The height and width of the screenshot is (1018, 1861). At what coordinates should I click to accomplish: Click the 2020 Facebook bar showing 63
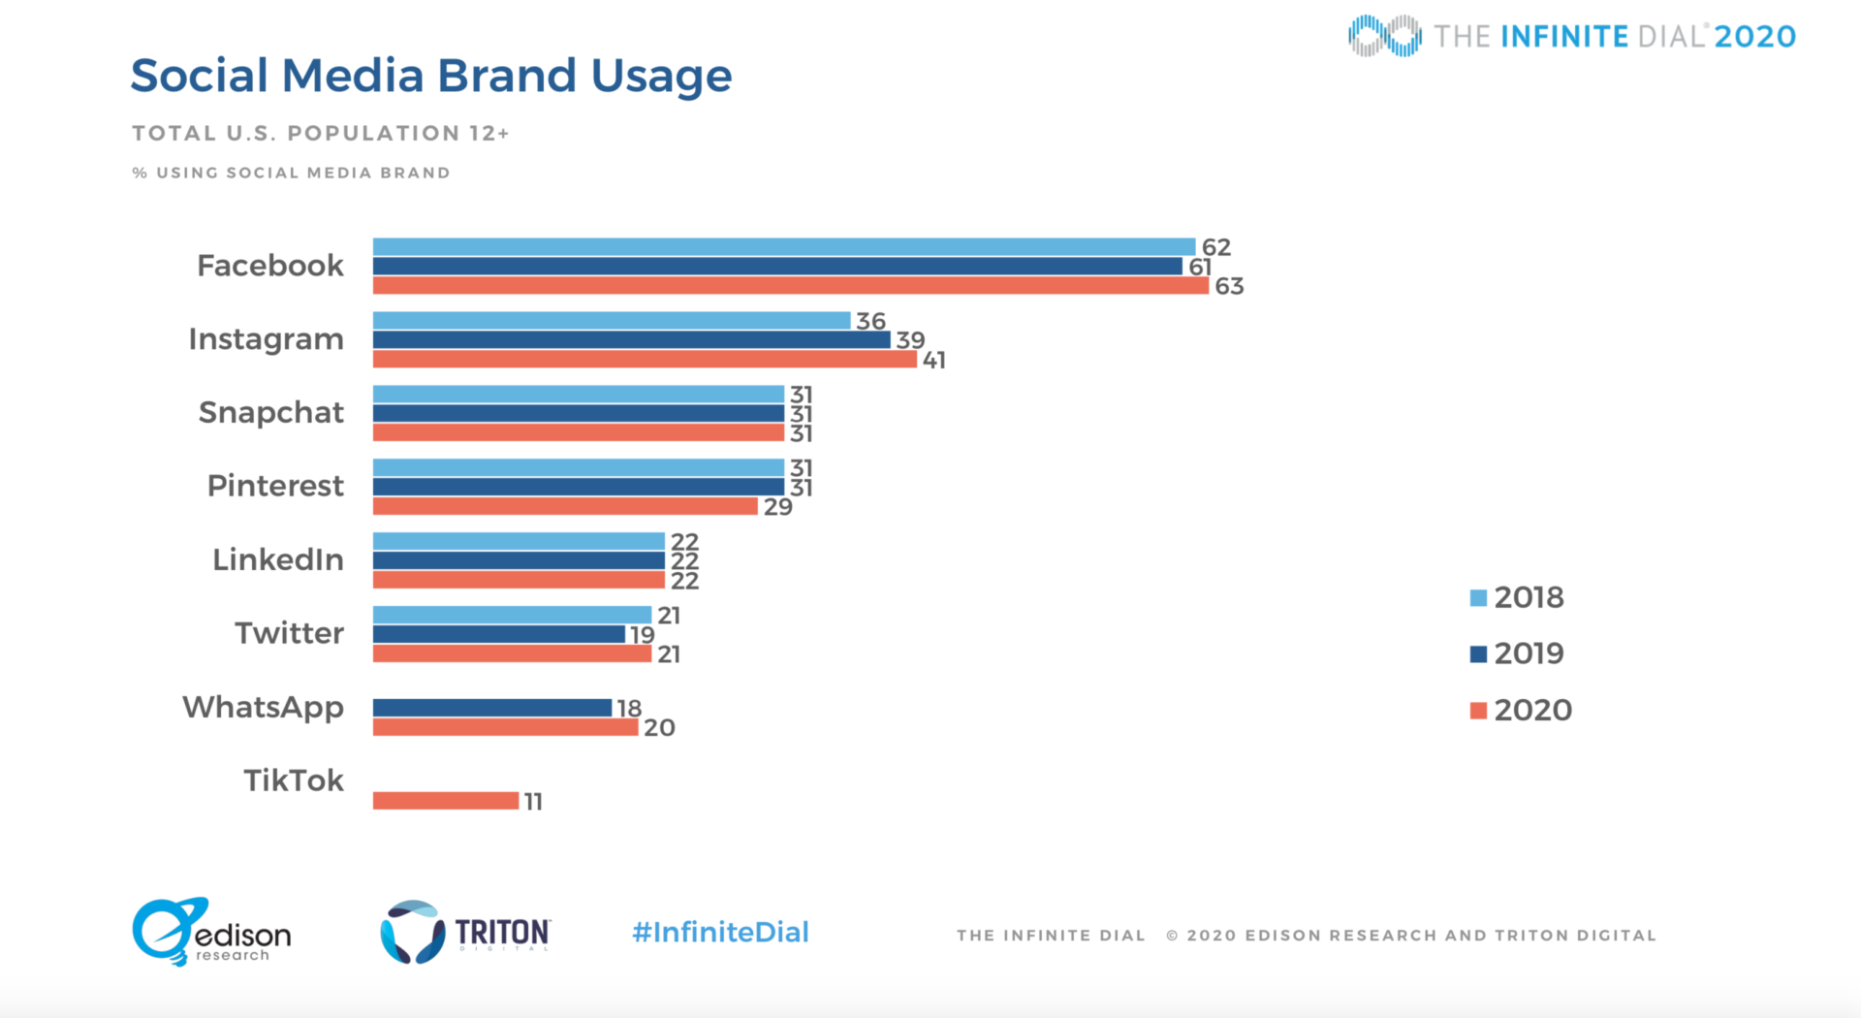(x=790, y=286)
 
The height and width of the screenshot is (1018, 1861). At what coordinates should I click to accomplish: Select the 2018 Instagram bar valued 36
(x=611, y=321)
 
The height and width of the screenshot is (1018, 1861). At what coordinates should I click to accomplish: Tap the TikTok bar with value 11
(x=446, y=801)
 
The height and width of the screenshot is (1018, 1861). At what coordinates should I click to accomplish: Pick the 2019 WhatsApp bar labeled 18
(x=491, y=708)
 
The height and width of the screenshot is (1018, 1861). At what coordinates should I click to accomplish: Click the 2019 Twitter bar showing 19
(x=498, y=634)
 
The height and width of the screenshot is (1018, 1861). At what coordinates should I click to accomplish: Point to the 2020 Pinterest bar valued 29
(x=565, y=506)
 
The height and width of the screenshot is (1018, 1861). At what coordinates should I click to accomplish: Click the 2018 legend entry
(x=1517, y=597)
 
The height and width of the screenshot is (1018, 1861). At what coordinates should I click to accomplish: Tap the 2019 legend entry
(x=1517, y=653)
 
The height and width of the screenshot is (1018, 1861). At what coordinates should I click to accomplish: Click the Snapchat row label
(x=270, y=413)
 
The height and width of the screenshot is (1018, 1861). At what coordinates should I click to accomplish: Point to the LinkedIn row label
(x=277, y=559)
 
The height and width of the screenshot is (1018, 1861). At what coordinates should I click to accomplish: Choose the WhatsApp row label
(x=263, y=708)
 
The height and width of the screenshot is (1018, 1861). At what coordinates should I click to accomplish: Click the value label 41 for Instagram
(x=933, y=361)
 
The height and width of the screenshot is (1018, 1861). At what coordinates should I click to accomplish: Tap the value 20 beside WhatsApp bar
(x=659, y=728)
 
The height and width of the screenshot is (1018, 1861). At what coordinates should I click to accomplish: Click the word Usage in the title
(x=661, y=77)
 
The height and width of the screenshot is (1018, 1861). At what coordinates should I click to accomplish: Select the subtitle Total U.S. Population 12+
(x=320, y=133)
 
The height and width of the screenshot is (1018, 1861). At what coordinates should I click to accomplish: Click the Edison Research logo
(x=211, y=932)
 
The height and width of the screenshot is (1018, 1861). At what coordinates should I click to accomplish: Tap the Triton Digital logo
(x=465, y=932)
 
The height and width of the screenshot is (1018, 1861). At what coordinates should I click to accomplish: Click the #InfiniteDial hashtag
(x=720, y=933)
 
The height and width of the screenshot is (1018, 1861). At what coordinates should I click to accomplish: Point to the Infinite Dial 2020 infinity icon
(x=1384, y=36)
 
